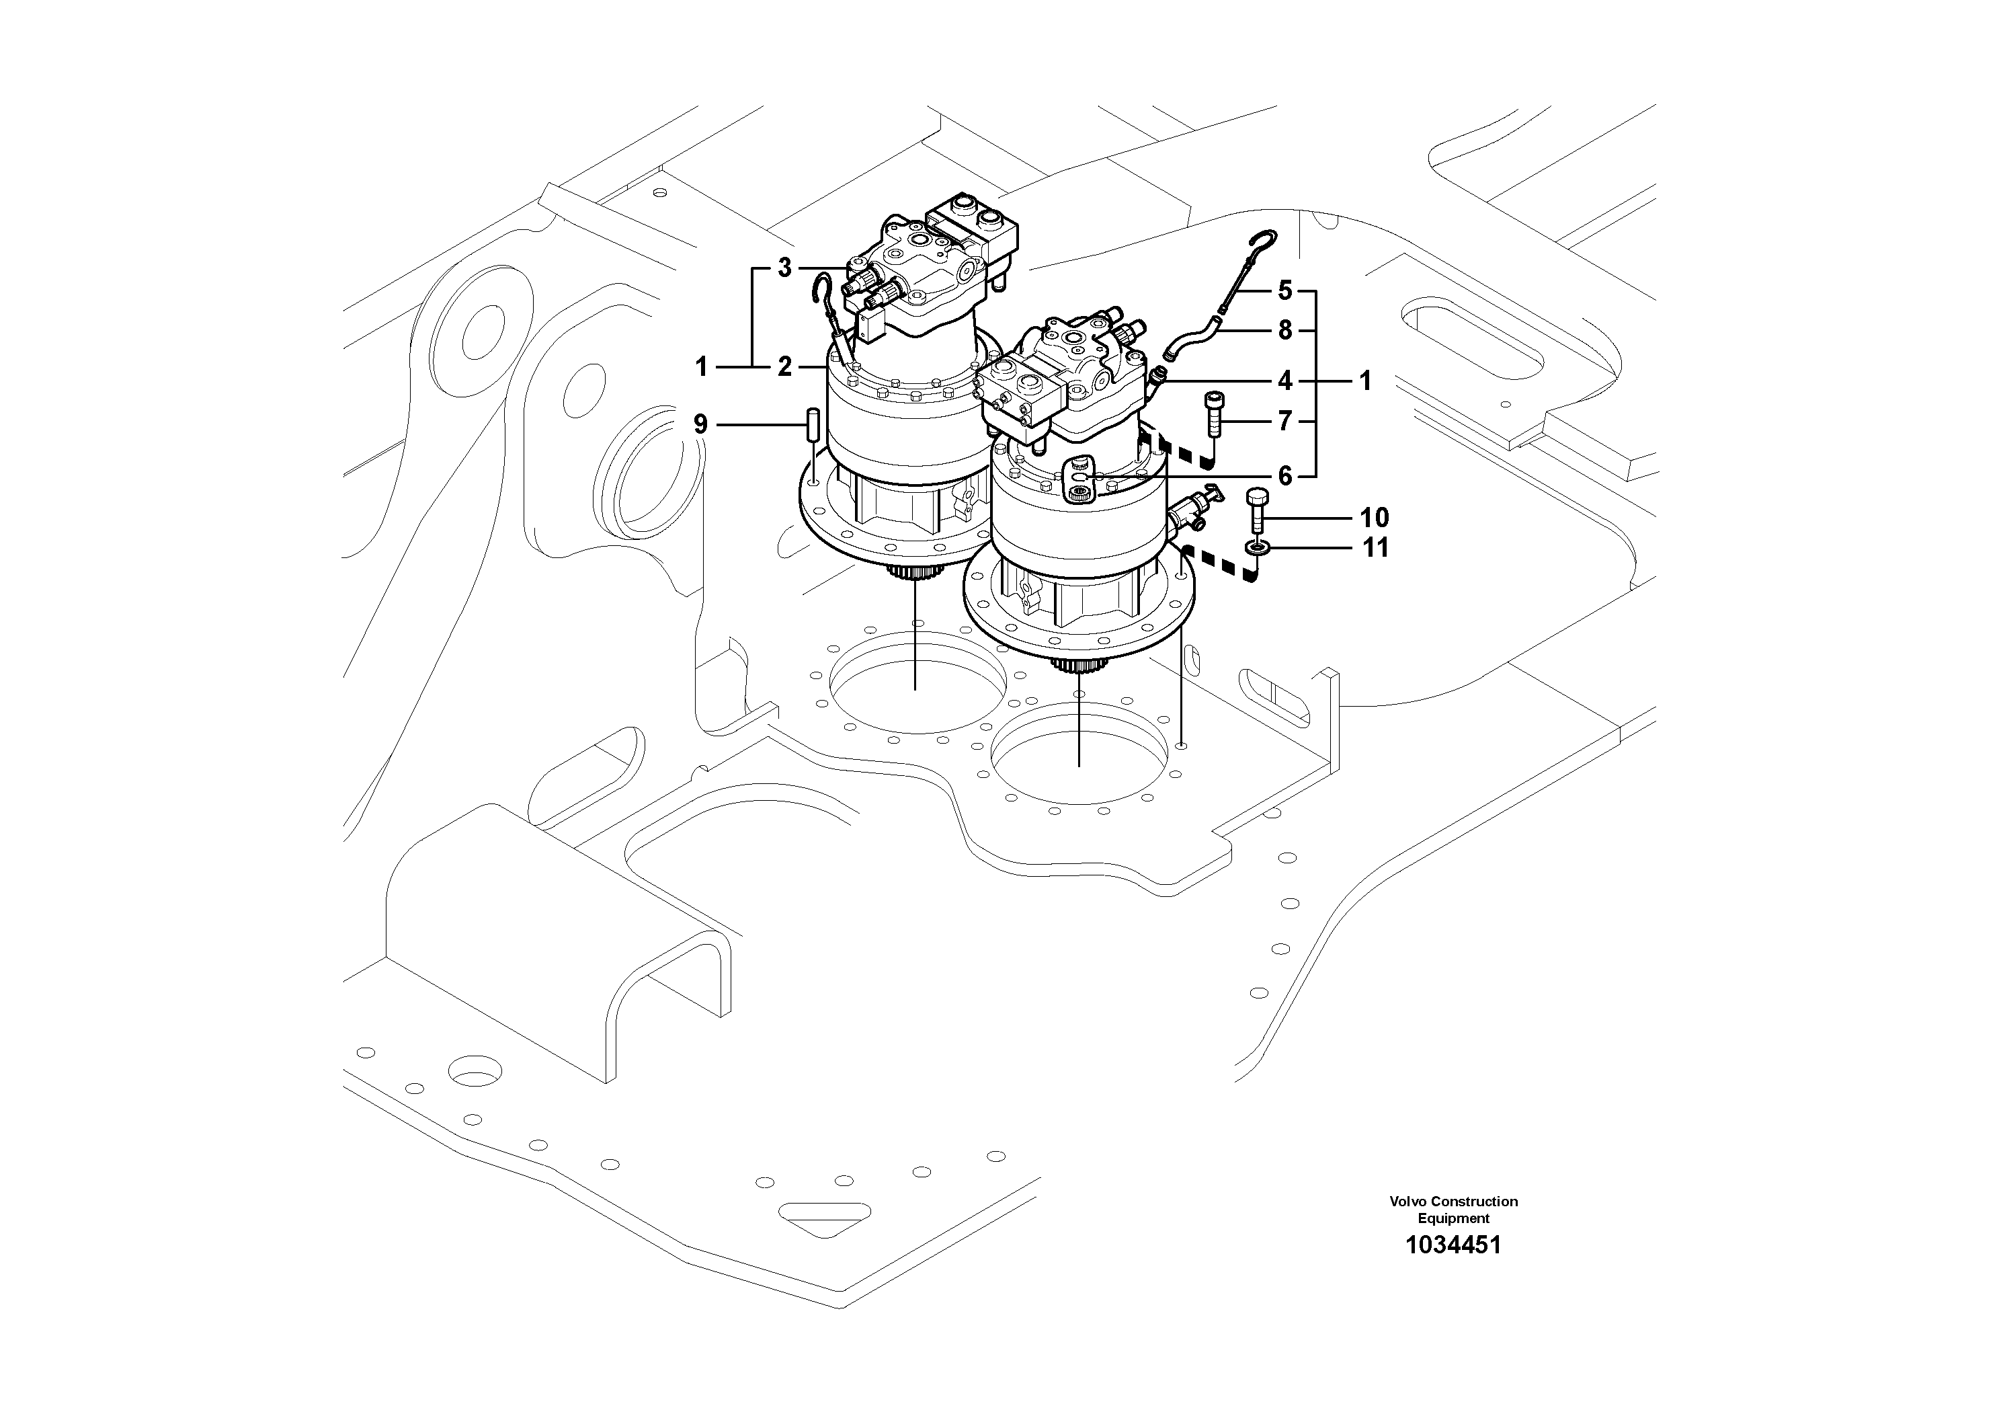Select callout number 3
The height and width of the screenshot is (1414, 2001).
pos(784,268)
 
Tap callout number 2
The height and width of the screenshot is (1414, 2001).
pos(784,368)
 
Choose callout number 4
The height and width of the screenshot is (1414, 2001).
pos(1285,381)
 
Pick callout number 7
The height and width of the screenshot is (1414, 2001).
pos(1285,422)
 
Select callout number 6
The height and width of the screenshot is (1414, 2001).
pos(1285,476)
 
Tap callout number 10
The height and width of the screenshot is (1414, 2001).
pos(1375,518)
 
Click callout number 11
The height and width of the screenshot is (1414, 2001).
pos(1375,549)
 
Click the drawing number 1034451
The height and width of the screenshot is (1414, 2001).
pos(1453,1245)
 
